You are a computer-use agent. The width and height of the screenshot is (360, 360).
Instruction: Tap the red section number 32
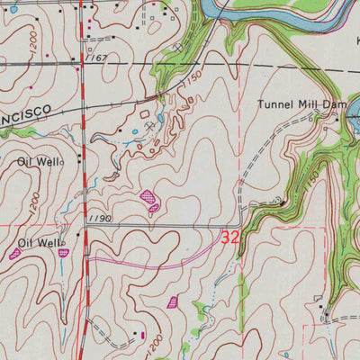click(230, 238)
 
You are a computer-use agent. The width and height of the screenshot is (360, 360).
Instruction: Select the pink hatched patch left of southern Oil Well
click(14, 255)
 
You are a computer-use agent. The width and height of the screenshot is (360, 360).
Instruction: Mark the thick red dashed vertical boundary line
click(84, 180)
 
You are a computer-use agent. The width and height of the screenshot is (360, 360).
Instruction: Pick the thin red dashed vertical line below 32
click(241, 297)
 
